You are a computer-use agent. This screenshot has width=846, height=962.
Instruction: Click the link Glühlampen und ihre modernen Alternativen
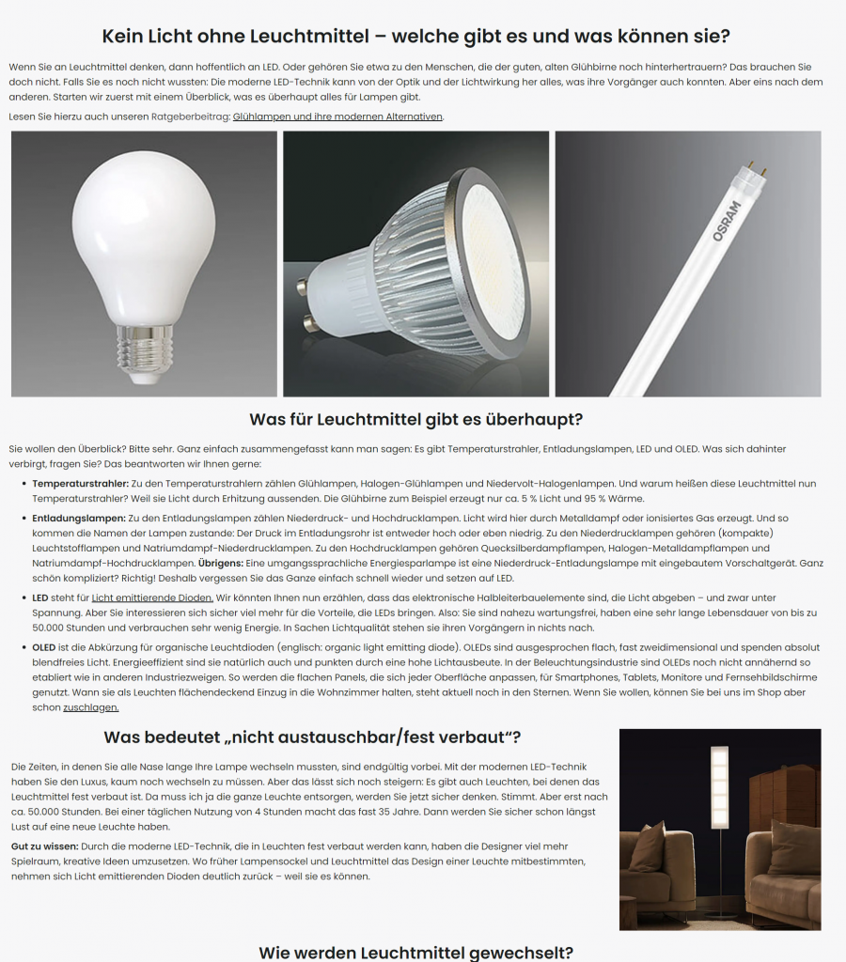click(x=337, y=116)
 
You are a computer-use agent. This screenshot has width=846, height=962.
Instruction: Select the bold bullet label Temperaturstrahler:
click(x=80, y=483)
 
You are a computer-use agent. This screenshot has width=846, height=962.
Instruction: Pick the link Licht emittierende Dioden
click(x=152, y=597)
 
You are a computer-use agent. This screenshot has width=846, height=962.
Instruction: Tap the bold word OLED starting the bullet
click(x=44, y=647)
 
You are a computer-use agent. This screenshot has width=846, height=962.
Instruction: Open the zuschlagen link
click(x=91, y=707)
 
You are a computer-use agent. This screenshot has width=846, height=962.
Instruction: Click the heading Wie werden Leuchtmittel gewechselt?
click(x=415, y=952)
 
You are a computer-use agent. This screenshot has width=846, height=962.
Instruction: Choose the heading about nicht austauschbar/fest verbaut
click(x=312, y=737)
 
